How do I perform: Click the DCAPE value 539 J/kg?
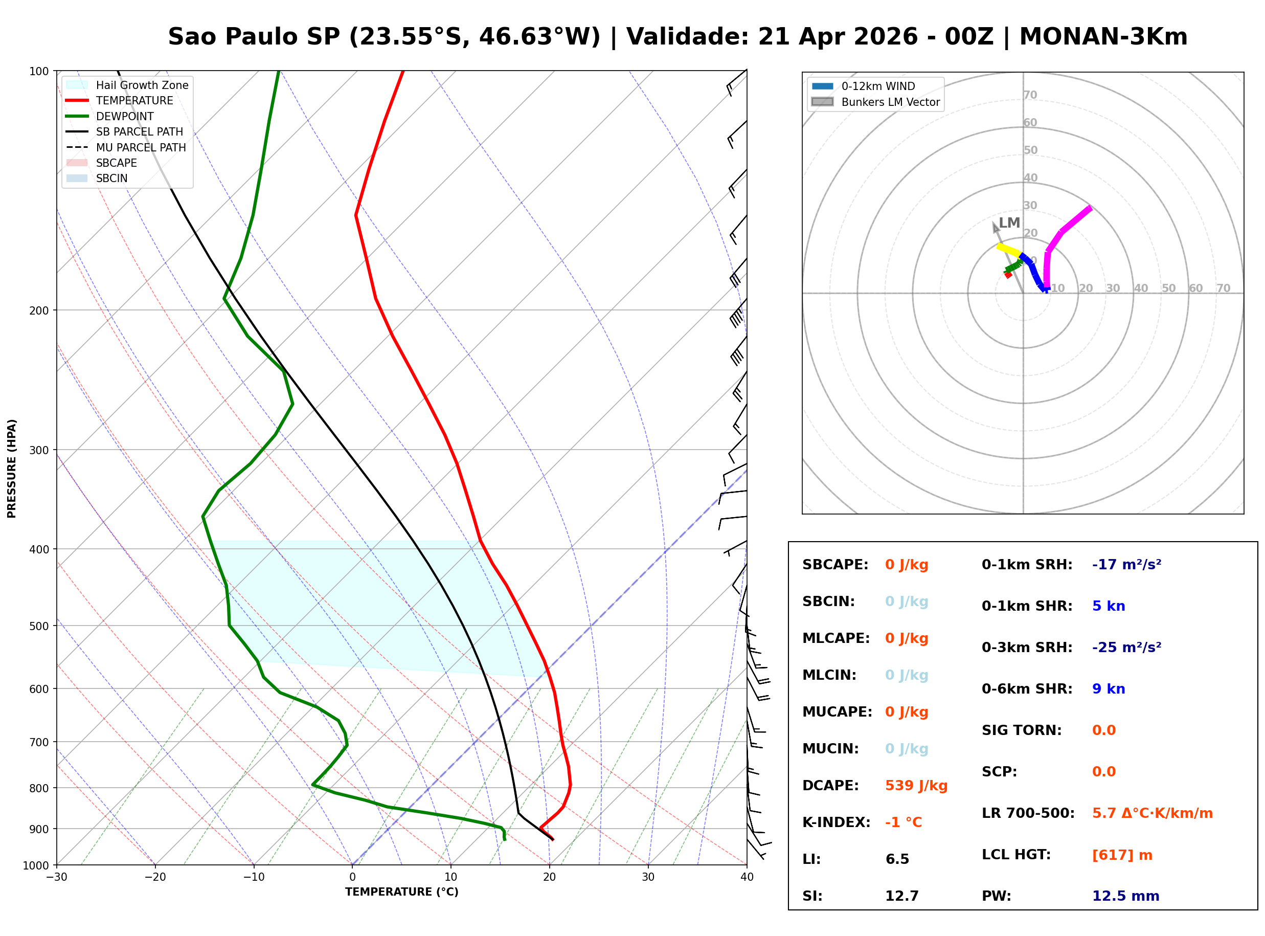916,785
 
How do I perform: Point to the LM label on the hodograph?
1009,222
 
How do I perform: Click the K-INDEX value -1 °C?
903,822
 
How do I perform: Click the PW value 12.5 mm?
1125,896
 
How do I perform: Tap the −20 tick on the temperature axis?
155,877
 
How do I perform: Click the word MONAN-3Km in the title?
1103,37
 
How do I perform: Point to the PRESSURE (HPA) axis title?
12,469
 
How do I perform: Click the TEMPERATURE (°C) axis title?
401,892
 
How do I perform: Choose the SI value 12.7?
901,896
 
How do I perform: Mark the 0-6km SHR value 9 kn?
1108,689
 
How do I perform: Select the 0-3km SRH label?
1027,647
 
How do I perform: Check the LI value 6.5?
897,859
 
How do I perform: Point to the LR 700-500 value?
1152,813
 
